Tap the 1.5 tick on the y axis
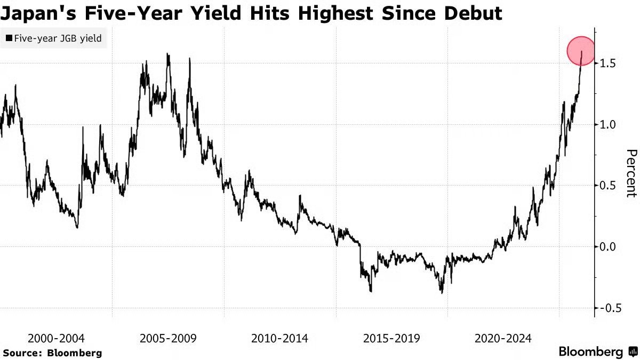(609, 63)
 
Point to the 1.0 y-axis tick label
(609, 125)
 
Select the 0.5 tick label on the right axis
(609, 186)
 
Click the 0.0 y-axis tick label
(609, 247)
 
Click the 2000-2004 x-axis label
(56, 338)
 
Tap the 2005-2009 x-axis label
(168, 338)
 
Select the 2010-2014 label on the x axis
(279, 338)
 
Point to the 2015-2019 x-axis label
(391, 338)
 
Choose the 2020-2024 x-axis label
(503, 338)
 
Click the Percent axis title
(631, 173)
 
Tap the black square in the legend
(9, 38)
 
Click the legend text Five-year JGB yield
(58, 38)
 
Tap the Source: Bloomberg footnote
(52, 353)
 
